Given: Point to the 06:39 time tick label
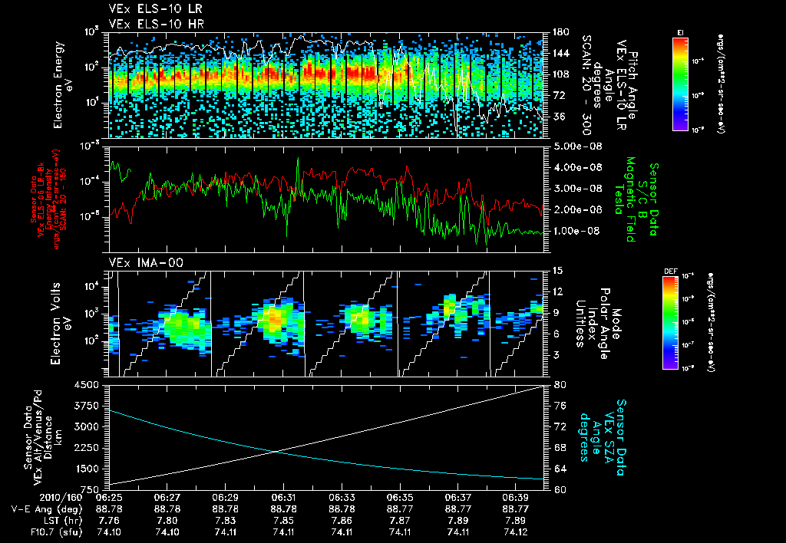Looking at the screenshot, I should point(516,496).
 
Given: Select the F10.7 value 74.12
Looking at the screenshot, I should point(516,531).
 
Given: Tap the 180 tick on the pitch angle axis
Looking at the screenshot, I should point(560,32).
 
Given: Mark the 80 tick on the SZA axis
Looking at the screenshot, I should point(560,385).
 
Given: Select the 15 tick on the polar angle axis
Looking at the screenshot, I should point(557,271).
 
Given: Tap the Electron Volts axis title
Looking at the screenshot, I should point(62,323).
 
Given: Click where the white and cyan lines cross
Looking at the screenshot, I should point(275,450).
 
